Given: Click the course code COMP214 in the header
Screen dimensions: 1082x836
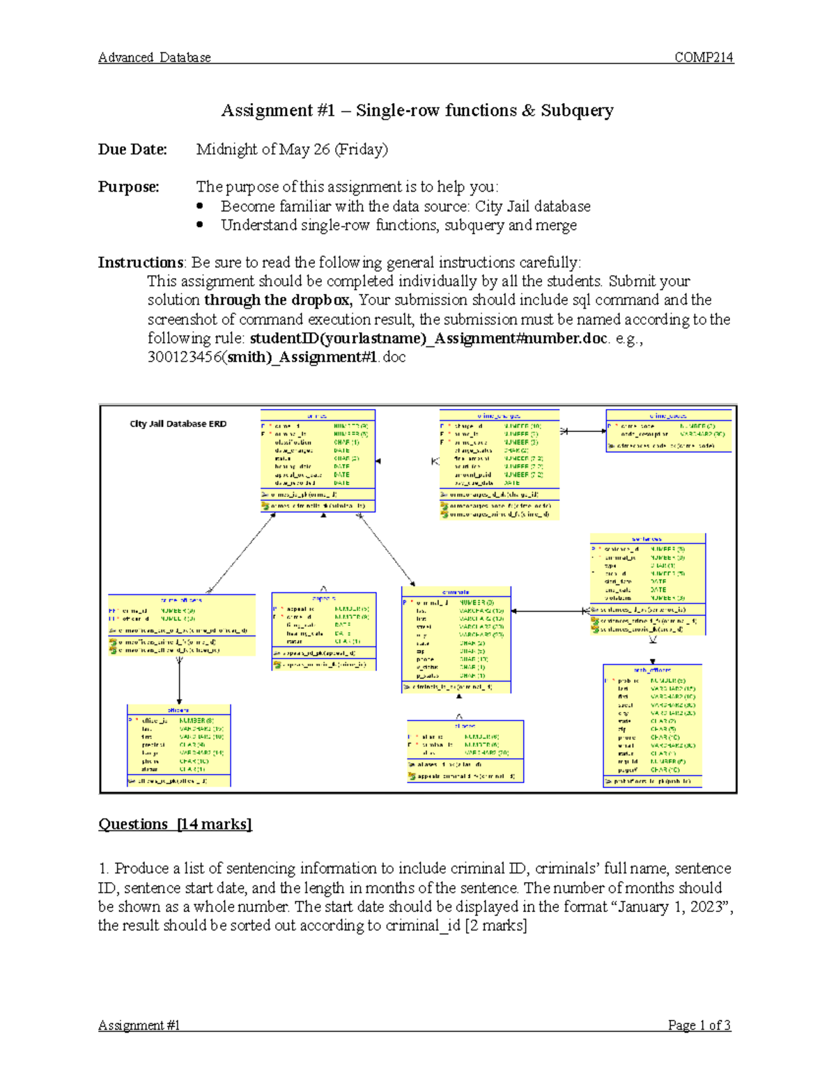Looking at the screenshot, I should (704, 58).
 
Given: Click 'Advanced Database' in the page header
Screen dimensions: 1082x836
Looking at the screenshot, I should (155, 58).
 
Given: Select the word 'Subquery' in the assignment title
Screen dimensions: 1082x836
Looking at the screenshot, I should (577, 111).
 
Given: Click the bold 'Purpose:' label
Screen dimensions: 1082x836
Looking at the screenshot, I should (128, 187).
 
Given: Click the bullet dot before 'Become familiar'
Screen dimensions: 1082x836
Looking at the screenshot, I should (201, 206).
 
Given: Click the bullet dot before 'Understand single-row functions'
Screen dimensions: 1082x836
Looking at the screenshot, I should (201, 225).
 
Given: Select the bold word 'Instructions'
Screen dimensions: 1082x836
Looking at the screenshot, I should (140, 263).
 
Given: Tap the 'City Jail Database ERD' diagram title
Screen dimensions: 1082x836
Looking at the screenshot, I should (178, 424).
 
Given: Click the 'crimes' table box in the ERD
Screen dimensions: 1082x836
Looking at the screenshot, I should (318, 460).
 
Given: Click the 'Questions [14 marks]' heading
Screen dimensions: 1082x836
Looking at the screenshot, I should (175, 824).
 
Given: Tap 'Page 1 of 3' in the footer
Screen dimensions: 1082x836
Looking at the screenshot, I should (699, 1025).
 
